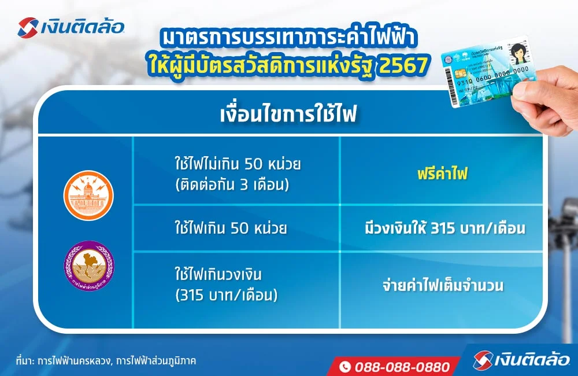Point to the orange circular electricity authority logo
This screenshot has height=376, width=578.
click(x=88, y=196)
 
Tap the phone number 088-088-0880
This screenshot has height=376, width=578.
click(x=402, y=367)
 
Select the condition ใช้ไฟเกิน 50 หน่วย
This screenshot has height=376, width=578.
click(x=231, y=228)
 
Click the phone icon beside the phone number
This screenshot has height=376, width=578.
click(x=345, y=367)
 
